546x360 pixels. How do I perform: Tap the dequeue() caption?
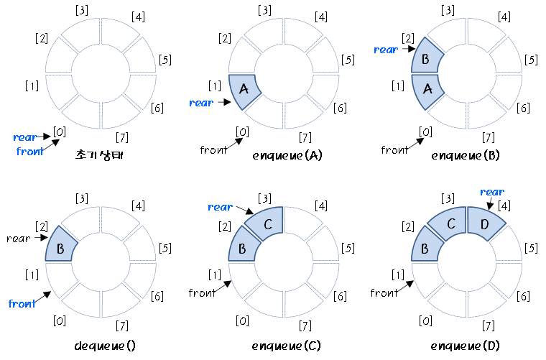[104, 346]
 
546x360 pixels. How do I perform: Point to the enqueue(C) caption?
[287, 346]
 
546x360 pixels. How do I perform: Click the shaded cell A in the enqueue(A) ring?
[243, 90]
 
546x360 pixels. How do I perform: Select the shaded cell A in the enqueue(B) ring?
[426, 90]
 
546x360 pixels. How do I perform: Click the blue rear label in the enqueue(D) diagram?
[491, 192]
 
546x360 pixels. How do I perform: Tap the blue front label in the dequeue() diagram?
[22, 304]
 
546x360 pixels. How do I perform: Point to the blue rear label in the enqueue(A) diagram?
[201, 103]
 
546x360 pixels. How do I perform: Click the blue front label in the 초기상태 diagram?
[29, 151]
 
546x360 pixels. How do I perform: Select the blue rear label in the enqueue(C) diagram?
[220, 207]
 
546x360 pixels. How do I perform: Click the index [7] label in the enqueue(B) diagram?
[489, 137]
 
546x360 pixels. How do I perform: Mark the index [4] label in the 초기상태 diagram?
[138, 17]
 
